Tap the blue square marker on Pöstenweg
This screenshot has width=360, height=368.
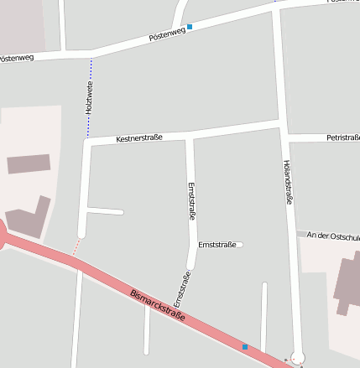[x=190, y=27]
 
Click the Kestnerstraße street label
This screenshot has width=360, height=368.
[x=138, y=137]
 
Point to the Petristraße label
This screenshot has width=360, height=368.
[x=342, y=137]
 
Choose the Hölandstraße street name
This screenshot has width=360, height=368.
[x=288, y=182]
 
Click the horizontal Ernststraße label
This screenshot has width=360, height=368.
[x=217, y=245]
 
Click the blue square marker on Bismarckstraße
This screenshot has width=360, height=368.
[x=245, y=346]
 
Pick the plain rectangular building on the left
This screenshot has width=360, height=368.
[x=29, y=163]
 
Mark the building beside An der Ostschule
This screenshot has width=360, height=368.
[x=347, y=285]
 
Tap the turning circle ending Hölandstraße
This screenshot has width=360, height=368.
[x=297, y=357]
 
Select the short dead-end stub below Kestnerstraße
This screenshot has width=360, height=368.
[x=105, y=211]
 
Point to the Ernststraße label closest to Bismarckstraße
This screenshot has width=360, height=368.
[x=180, y=288]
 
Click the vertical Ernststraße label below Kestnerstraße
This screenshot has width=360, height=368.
[x=191, y=201]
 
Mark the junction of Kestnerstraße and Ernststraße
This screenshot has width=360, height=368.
[x=189, y=135]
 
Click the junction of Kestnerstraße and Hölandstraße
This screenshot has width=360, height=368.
[x=283, y=127]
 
